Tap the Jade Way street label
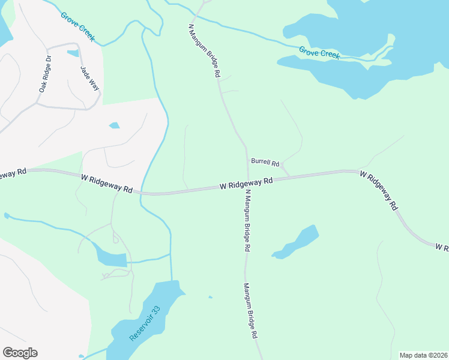pos(89,78)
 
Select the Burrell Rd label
pos(265,163)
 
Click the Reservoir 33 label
pos(146,324)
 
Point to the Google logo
pos(20,353)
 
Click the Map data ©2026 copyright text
pos(423,355)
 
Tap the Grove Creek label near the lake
pos(320,54)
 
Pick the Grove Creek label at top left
pos(77,26)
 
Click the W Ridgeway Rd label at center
pos(246,183)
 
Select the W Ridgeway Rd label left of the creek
pos(107,183)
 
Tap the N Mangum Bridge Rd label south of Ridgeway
pos(247,220)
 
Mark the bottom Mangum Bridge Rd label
pos(250,312)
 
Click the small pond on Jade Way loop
pos(73,53)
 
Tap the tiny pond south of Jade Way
pos(114,125)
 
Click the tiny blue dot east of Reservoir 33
pos(209,296)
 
